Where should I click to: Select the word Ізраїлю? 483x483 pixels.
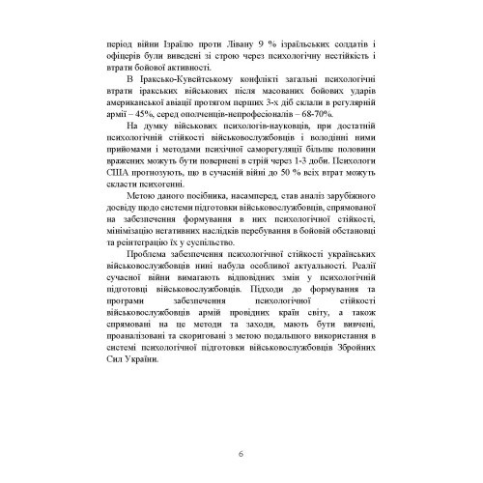point(164,43)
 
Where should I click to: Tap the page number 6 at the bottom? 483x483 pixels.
point(241,454)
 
